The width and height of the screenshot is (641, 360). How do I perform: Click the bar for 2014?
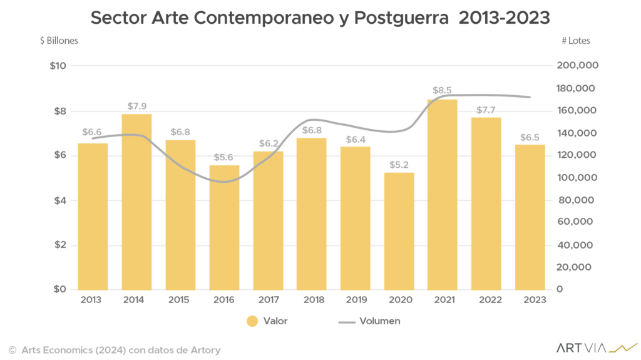136,202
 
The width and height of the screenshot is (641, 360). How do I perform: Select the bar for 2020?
399,230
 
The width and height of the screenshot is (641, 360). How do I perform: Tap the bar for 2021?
443,194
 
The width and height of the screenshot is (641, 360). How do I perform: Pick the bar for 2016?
224,227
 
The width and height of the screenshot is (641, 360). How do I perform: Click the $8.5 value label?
443,91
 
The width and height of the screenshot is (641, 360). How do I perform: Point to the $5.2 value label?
399,165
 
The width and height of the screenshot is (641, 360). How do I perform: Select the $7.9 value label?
136,106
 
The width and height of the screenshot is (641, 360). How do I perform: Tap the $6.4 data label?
355,139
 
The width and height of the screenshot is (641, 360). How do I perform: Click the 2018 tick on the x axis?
311,300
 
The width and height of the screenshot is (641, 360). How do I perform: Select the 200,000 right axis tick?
577,66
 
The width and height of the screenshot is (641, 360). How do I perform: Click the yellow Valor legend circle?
252,321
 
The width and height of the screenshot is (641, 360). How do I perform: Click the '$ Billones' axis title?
59,41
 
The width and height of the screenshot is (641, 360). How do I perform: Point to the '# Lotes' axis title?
575,41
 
